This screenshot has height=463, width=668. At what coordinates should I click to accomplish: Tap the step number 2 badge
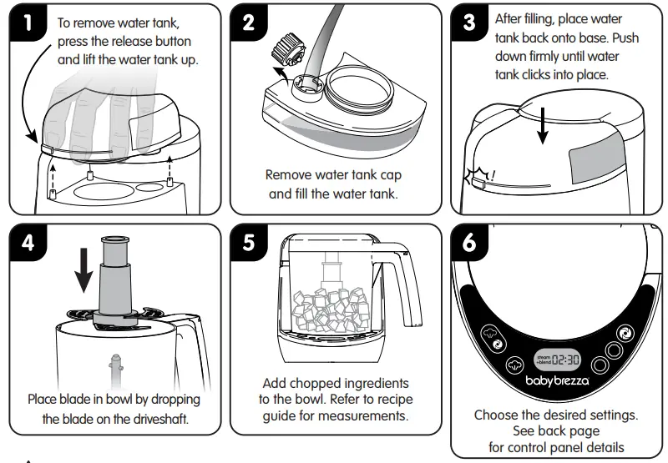249,23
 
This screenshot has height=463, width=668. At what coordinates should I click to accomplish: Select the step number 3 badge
471,23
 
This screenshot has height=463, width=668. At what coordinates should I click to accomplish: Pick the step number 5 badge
249,244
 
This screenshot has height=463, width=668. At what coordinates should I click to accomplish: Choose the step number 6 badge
471,244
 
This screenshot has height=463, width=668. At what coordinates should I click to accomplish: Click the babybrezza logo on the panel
559,381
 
